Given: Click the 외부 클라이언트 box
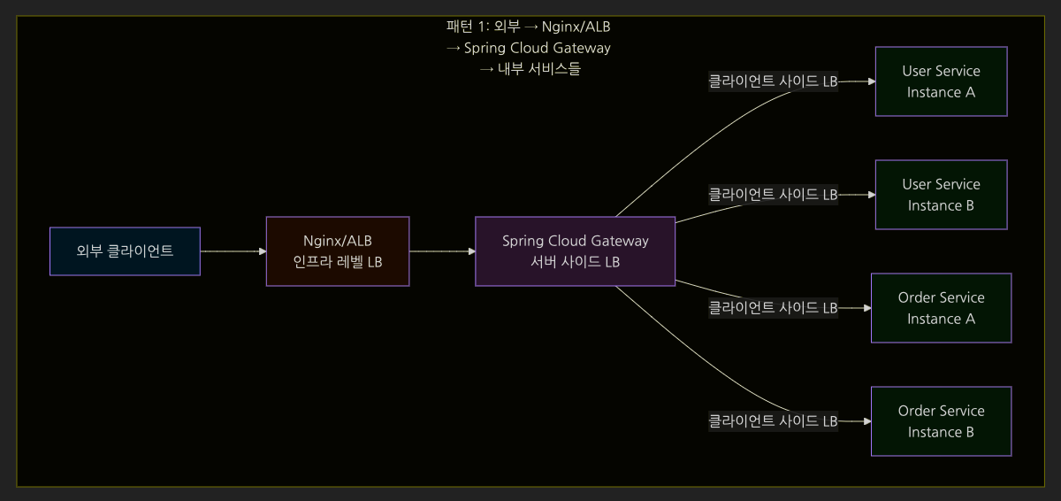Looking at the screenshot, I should (125, 251).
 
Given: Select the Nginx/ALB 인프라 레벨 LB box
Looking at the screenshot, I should (338, 251).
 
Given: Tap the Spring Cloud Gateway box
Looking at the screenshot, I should (575, 251).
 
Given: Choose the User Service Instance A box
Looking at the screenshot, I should (941, 81).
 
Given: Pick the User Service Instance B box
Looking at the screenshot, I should (941, 195).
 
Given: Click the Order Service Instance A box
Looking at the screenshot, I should (941, 308).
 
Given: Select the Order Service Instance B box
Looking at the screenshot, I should (941, 421).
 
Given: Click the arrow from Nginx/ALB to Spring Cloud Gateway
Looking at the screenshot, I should (442, 251).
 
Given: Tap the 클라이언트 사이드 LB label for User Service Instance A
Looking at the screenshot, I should (773, 81).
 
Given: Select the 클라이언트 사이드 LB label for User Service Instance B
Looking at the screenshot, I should (773, 195).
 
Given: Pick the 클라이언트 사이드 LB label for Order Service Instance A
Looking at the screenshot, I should (773, 308).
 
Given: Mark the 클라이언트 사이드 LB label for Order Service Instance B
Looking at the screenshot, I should (773, 421).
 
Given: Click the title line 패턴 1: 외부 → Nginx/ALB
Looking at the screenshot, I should (529, 27).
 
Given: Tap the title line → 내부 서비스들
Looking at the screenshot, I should (530, 69).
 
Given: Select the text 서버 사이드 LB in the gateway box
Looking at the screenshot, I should (575, 263).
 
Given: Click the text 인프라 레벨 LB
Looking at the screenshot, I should (338, 263).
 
